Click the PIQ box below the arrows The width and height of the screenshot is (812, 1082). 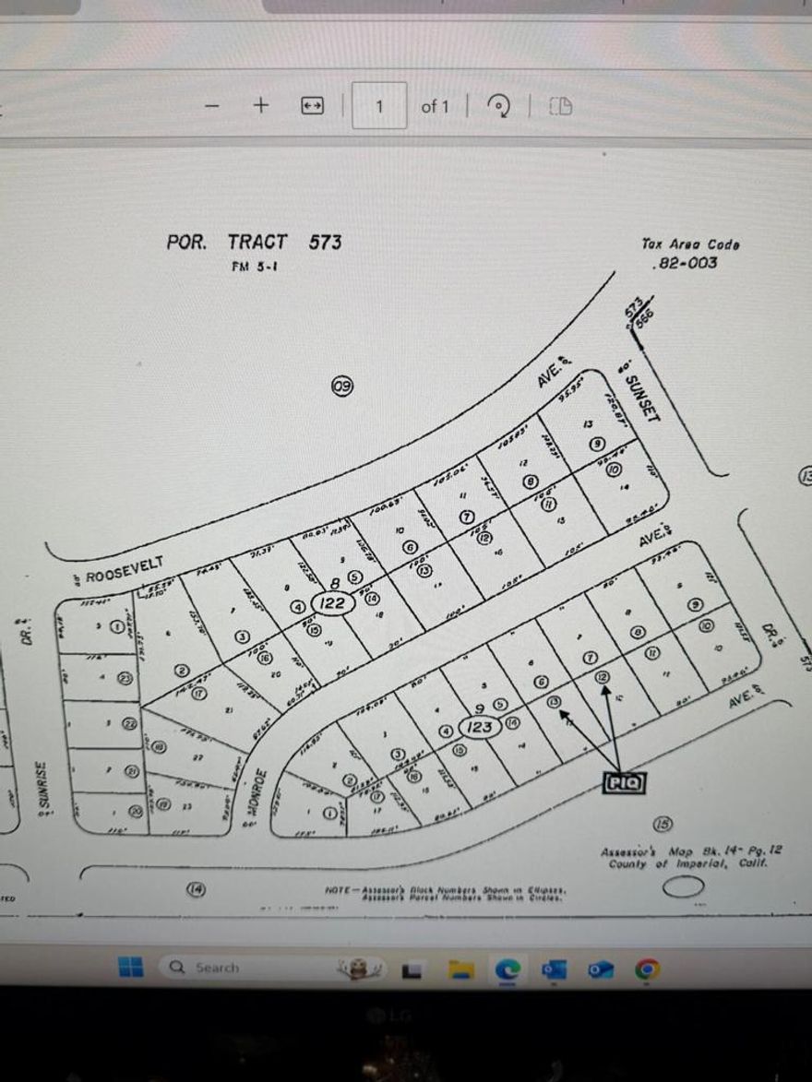(x=623, y=783)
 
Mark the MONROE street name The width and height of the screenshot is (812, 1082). (x=260, y=795)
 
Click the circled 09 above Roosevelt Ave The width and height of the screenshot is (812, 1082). (x=342, y=387)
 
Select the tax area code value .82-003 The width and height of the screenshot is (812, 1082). (x=684, y=264)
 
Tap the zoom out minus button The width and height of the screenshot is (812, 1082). (x=213, y=105)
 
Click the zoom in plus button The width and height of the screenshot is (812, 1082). (x=261, y=105)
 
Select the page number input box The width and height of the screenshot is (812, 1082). (x=379, y=106)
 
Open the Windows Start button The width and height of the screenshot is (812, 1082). (x=130, y=967)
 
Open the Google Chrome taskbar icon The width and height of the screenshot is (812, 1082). (x=648, y=969)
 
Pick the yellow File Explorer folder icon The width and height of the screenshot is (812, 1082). (x=460, y=969)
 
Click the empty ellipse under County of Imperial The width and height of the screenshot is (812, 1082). (x=684, y=887)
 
